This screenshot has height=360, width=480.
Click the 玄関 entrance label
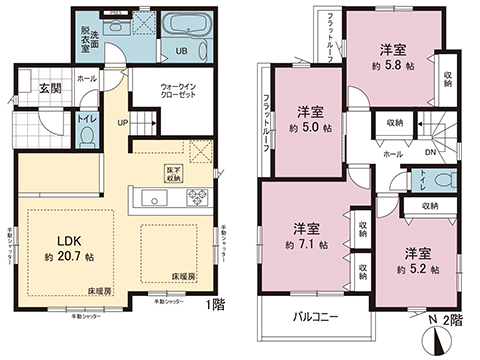point(50,87)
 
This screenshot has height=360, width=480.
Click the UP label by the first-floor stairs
point(122,124)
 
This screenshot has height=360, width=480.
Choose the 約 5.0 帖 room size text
point(308,127)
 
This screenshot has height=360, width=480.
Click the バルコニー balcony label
point(320,317)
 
